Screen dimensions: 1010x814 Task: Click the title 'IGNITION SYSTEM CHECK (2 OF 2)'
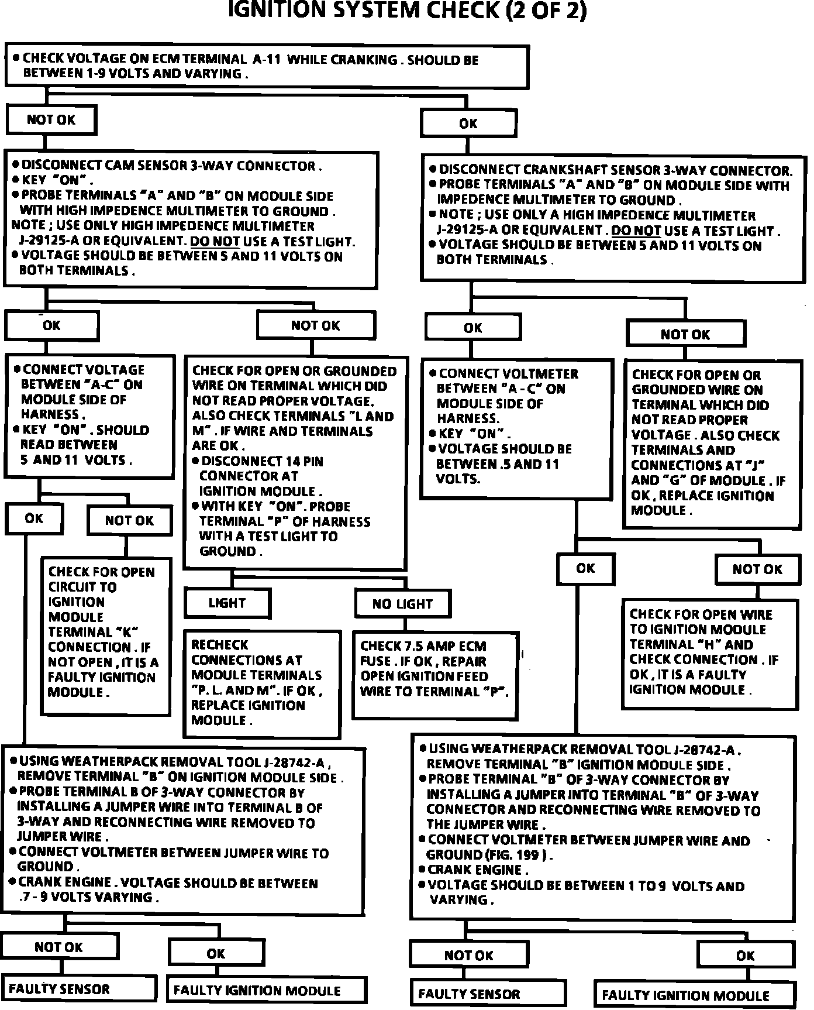[x=406, y=11]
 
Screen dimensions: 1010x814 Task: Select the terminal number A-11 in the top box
[x=266, y=59]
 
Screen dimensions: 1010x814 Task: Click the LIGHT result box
[x=227, y=603]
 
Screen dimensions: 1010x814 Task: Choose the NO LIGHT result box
[x=402, y=604]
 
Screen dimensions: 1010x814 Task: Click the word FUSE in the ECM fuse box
[x=375, y=661]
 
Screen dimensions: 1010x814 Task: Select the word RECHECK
[x=220, y=645]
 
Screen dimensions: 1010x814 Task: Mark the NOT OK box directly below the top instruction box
[x=51, y=120]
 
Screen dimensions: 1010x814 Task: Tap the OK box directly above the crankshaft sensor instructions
[x=468, y=123]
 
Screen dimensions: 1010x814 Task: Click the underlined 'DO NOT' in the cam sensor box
[x=215, y=241]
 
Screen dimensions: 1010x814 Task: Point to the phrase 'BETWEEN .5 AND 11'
[x=498, y=464]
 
